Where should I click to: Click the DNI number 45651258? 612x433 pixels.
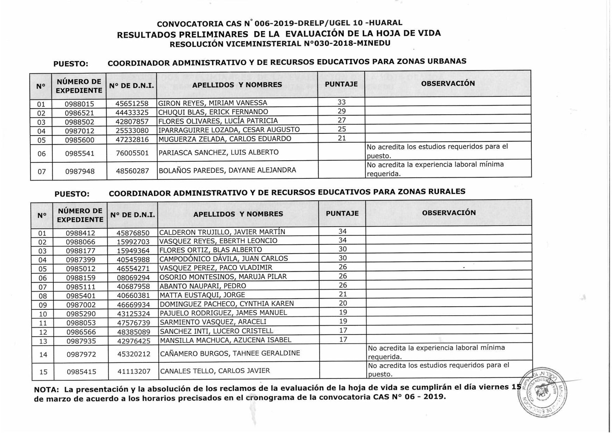[x=132, y=104]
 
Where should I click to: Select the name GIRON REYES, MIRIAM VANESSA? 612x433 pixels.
[x=212, y=103]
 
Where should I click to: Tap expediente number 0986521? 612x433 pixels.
[x=79, y=113]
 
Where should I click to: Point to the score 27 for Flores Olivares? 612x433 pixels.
[x=342, y=120]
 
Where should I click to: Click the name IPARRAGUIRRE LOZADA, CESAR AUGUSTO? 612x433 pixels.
[x=229, y=130]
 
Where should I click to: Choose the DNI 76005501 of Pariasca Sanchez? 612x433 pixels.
[x=132, y=153]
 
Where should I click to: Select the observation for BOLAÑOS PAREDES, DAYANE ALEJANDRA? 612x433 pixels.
[x=435, y=169]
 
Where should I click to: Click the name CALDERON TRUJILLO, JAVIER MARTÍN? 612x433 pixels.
[x=222, y=232]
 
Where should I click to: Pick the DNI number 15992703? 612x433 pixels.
[x=133, y=242]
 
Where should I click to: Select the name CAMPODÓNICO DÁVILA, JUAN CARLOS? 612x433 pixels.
[x=224, y=259]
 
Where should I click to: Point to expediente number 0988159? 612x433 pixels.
[x=81, y=278]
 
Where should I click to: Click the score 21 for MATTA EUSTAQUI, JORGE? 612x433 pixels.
[x=343, y=294]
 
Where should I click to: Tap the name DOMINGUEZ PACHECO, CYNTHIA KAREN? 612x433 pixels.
[x=227, y=304]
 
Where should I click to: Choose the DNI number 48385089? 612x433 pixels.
[x=134, y=332]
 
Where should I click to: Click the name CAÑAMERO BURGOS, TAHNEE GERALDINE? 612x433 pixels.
[x=230, y=353]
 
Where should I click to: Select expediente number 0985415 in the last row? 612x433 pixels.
[x=81, y=372]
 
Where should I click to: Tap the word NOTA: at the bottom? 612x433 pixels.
[x=46, y=390]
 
